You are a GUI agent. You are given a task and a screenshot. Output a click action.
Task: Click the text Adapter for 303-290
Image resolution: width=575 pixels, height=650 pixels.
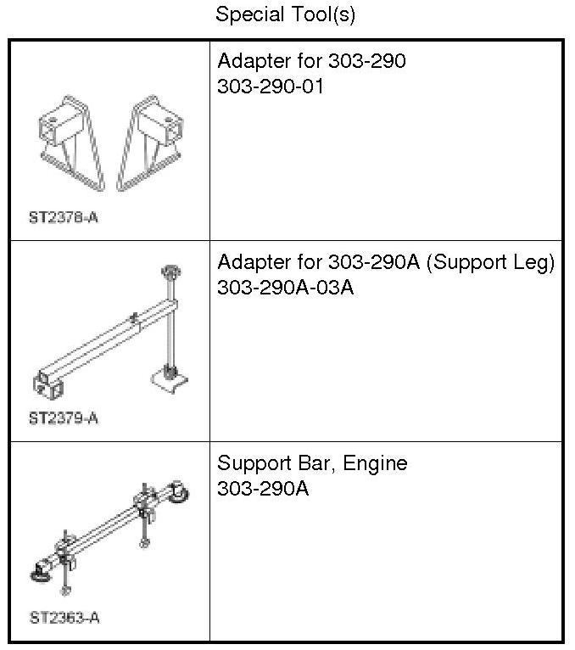click(x=311, y=61)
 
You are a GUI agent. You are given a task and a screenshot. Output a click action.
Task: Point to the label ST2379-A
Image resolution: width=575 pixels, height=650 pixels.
click(x=63, y=418)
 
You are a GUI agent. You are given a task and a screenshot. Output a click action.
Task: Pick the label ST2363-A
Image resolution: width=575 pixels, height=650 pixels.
click(x=64, y=618)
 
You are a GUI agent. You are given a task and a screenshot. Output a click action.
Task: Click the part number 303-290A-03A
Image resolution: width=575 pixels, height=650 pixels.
click(x=285, y=287)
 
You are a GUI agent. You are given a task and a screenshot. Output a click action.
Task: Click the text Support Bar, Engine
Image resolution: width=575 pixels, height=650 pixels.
click(x=312, y=463)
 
